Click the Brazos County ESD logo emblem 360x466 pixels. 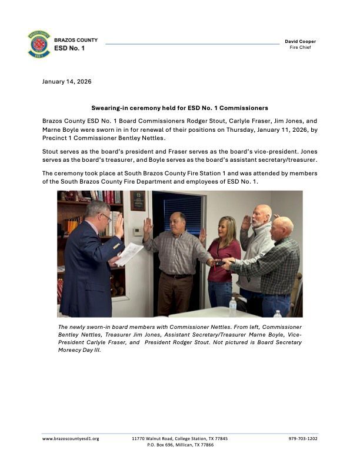(39, 44)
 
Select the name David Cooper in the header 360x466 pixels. (300, 41)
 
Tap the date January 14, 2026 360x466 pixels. (66, 81)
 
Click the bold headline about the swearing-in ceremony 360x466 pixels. (179, 108)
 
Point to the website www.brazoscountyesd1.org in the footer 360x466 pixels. (71, 438)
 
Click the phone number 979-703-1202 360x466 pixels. (303, 438)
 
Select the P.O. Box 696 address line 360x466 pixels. (180, 445)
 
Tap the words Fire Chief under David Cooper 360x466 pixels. (300, 48)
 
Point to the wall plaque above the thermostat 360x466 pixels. (138, 201)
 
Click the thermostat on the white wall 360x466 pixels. (137, 231)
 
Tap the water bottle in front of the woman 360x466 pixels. (233, 306)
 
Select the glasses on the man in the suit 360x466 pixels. (105, 216)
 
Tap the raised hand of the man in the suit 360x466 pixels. (119, 225)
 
